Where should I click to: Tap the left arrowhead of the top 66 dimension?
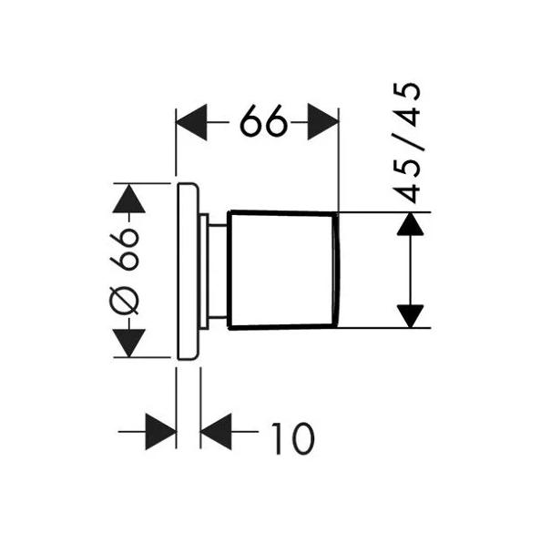tap(192, 121)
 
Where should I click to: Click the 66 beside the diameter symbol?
tap(127, 248)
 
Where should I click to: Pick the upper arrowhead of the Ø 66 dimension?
tap(128, 199)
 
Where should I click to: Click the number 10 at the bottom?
tap(291, 438)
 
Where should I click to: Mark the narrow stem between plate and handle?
tap(217, 270)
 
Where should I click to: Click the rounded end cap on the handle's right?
tap(337, 270)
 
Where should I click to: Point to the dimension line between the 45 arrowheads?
tap(412, 270)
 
